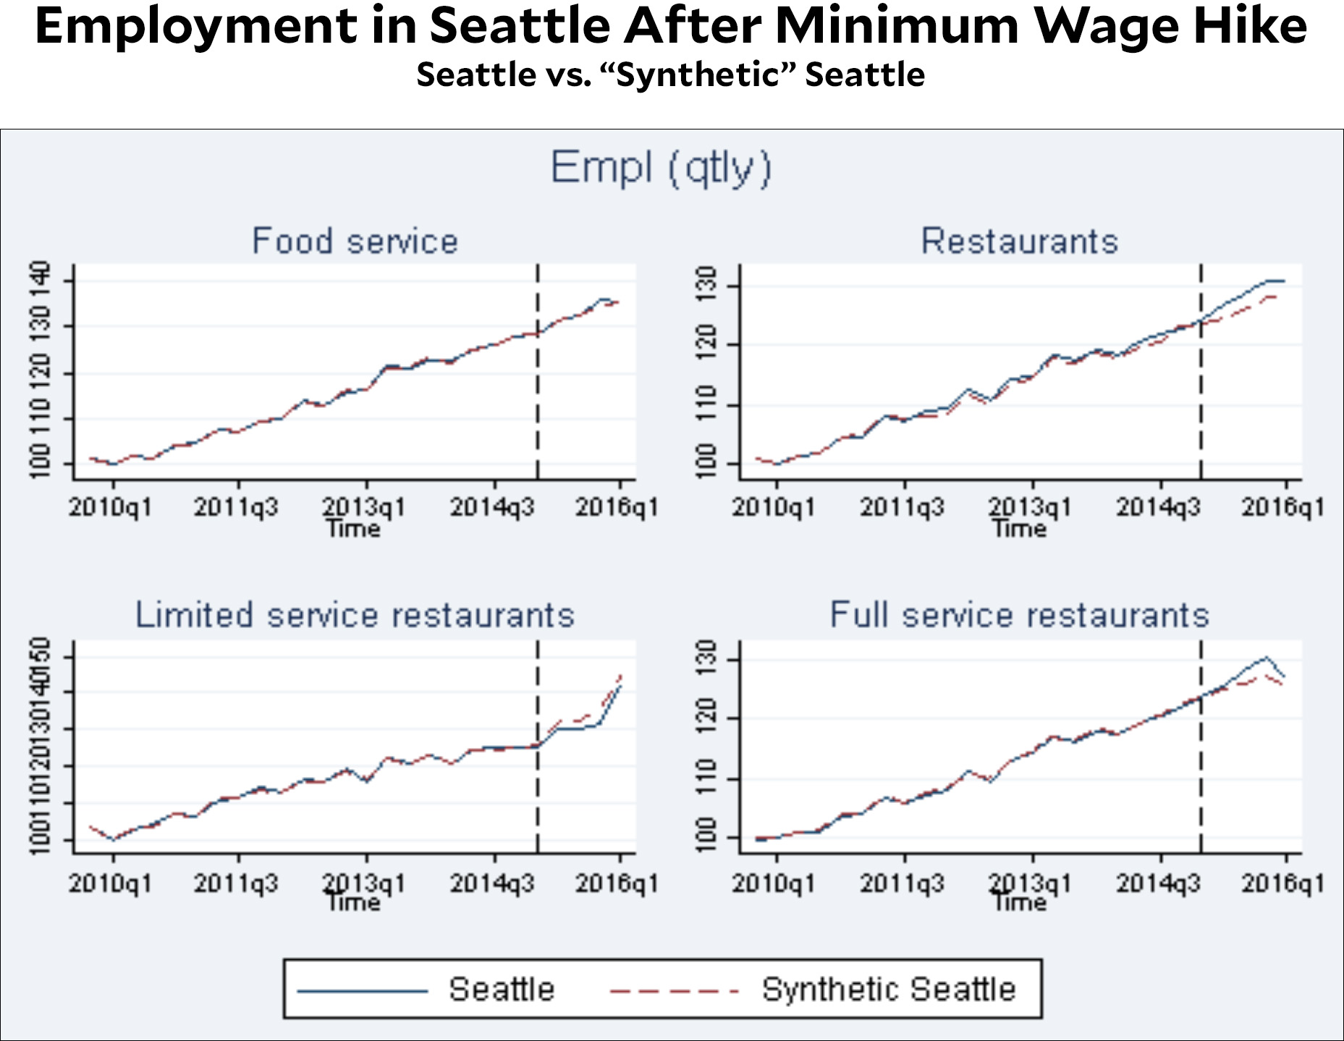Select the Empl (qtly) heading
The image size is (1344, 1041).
point(661,168)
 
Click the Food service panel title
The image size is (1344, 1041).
point(355,241)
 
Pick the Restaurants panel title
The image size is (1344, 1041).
point(1019,241)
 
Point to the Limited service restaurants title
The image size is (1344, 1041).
point(355,615)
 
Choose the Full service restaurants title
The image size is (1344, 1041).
point(1019,615)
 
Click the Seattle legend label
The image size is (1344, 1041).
point(501,989)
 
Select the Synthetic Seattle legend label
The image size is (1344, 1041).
point(889,989)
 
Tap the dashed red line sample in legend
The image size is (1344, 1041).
point(673,990)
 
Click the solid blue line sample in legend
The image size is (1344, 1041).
point(363,990)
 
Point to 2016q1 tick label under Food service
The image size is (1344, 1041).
point(617,508)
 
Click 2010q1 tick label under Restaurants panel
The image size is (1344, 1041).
point(774,508)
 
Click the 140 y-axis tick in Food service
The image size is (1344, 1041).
point(40,276)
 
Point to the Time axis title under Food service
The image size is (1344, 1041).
point(353,529)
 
